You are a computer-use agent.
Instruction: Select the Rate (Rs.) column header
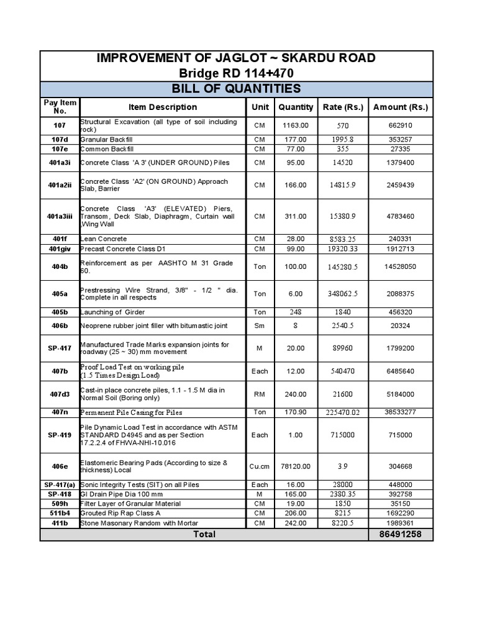coord(343,107)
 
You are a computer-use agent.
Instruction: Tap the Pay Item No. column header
coord(60,107)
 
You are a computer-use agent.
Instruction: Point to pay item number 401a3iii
coord(60,216)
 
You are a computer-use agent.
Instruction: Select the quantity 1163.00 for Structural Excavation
coord(296,125)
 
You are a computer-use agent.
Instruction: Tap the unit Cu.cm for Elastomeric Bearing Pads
coord(260,466)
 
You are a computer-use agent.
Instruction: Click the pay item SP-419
coord(60,435)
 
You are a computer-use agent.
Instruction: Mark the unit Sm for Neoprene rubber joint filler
coord(260,325)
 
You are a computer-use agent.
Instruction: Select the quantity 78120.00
coord(296,466)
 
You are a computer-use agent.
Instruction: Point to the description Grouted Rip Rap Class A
coord(120,513)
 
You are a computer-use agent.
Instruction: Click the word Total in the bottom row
coord(204,534)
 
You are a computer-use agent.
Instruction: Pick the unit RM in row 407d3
coord(260,394)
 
